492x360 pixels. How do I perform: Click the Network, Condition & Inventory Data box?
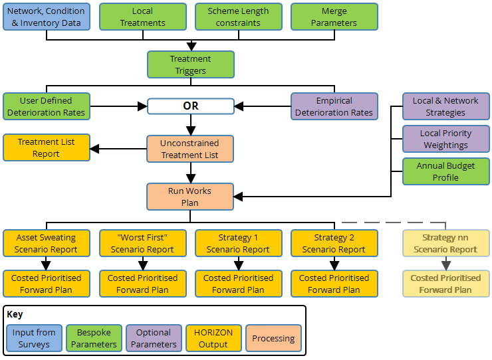tap(47, 17)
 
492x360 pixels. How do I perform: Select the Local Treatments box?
tap(142, 17)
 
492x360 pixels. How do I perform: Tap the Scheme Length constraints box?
tap(238, 17)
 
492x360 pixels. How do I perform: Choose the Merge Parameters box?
tap(334, 17)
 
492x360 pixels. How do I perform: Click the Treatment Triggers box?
tap(190, 64)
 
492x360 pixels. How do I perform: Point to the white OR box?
tap(190, 106)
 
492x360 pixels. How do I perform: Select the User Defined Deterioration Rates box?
tap(47, 106)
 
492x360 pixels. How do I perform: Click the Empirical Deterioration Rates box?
tap(334, 106)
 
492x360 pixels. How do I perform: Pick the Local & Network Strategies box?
tap(445, 106)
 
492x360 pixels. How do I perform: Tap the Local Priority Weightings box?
tap(445, 139)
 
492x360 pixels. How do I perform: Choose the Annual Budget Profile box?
tap(445, 171)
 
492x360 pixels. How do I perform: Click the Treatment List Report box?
tap(47, 147)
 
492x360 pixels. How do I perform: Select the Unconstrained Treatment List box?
tap(190, 149)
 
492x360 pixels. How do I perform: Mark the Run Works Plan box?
tap(190, 197)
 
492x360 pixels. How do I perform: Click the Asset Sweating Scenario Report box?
tap(47, 243)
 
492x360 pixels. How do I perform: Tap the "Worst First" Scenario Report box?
tap(142, 243)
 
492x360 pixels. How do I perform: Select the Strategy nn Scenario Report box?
tap(445, 243)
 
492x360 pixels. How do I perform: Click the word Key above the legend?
tap(15, 314)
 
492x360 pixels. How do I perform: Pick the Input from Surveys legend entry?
tap(34, 338)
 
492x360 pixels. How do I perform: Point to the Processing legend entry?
tap(273, 338)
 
